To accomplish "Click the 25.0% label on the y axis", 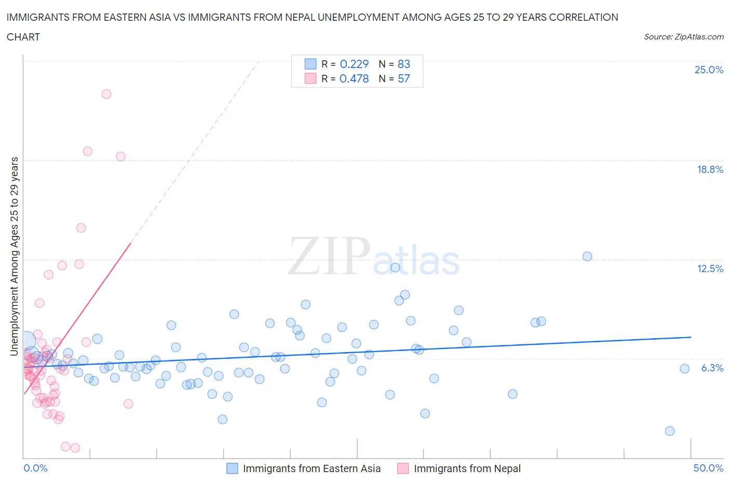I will click(x=709, y=70).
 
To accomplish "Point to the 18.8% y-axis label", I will click(x=710, y=169).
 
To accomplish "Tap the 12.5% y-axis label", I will click(x=710, y=269).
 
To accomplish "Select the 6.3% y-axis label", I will click(x=712, y=368).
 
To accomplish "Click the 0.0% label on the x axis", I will click(x=35, y=468).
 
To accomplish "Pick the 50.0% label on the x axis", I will click(x=708, y=468).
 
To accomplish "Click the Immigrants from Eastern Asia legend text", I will click(x=312, y=468).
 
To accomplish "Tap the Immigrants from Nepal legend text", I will click(x=467, y=468).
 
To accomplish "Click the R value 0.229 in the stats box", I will click(x=354, y=64).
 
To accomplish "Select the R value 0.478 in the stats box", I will click(x=354, y=78).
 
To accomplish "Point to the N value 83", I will click(x=403, y=64).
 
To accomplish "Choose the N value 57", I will click(x=403, y=78).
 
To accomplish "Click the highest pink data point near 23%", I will click(x=106, y=94).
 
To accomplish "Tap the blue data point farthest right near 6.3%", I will click(x=684, y=369).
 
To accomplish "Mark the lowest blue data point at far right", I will click(x=670, y=431).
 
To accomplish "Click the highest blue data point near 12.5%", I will click(x=587, y=256).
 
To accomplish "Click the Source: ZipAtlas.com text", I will click(x=683, y=36).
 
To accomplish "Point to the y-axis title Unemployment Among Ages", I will click(x=14, y=257).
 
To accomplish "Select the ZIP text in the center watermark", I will click(x=329, y=256).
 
